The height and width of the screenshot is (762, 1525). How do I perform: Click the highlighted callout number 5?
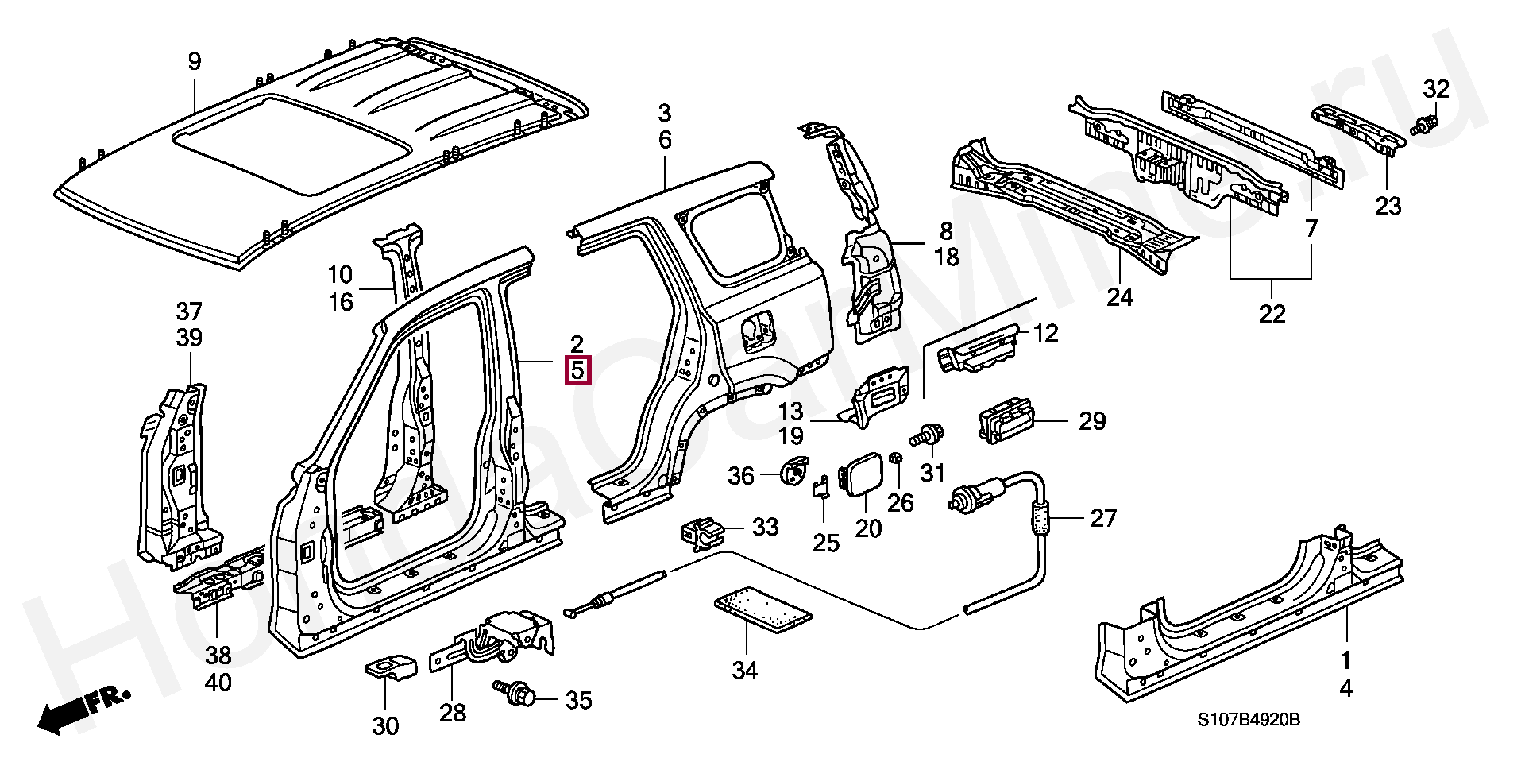click(x=577, y=370)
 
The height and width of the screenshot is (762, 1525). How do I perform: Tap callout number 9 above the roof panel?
click(x=194, y=61)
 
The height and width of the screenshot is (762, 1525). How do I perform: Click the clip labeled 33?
click(x=701, y=532)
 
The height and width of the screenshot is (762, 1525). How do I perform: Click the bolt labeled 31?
click(x=928, y=436)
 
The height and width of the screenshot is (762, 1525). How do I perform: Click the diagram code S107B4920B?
click(x=1249, y=720)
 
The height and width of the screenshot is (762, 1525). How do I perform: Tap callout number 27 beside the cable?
click(x=1103, y=518)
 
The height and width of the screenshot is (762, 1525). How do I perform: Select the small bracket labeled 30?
click(x=390, y=667)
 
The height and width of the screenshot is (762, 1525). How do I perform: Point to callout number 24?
click(x=1119, y=297)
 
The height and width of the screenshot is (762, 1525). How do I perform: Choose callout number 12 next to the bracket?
click(x=1045, y=334)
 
